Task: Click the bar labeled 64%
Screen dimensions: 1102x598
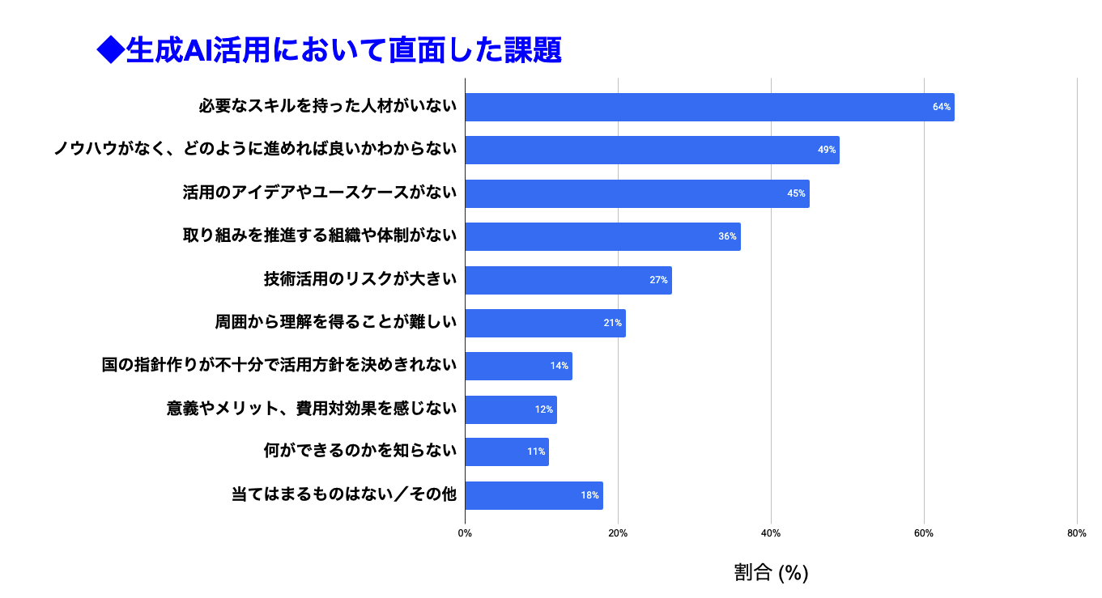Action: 709,107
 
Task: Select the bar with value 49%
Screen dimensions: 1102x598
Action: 653,150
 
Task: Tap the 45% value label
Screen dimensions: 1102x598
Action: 796,193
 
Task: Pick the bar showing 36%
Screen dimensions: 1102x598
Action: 602,236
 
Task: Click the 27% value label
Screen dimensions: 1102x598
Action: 658,280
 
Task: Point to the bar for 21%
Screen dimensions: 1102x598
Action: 545,323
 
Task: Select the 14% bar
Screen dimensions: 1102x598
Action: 518,366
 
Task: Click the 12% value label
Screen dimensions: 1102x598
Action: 543,409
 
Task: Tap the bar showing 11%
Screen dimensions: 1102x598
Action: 507,452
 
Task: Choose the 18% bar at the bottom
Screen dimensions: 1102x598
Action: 534,495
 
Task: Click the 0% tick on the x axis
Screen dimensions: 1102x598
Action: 465,533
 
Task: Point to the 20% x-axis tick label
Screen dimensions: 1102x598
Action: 618,533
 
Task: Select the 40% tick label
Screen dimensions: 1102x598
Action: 771,533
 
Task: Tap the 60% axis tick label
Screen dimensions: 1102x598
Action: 924,533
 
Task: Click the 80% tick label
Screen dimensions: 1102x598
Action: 1077,533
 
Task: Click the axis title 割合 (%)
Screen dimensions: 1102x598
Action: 771,572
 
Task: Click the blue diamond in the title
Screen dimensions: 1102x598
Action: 111,49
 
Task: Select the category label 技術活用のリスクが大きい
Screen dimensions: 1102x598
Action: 360,279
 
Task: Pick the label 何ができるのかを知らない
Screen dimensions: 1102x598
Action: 360,451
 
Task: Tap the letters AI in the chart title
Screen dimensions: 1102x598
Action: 198,50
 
